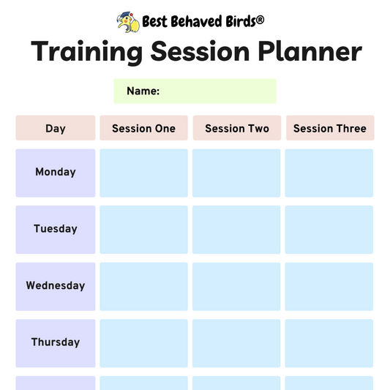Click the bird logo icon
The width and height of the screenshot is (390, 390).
click(x=129, y=22)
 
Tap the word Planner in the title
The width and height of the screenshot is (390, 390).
click(x=310, y=52)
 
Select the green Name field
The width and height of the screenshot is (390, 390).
click(x=195, y=91)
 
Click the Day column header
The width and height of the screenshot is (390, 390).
click(x=56, y=128)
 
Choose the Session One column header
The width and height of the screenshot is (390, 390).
click(x=143, y=128)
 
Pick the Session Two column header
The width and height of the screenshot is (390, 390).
click(x=237, y=128)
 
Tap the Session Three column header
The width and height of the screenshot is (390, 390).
click(x=329, y=128)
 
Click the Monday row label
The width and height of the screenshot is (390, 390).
click(x=56, y=173)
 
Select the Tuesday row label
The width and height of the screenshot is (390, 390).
click(x=56, y=229)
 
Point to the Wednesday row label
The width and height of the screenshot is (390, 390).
click(x=56, y=286)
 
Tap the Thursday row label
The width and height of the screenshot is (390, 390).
click(x=56, y=342)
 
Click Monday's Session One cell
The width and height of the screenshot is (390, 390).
click(x=143, y=173)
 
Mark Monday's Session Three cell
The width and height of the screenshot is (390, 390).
click(x=329, y=173)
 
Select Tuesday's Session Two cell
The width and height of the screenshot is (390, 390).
click(x=236, y=229)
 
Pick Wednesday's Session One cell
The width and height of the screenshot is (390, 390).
click(x=143, y=286)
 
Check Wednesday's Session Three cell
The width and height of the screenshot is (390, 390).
click(x=329, y=286)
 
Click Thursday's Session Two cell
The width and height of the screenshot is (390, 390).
click(x=236, y=342)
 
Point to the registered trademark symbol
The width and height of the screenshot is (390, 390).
click(x=260, y=21)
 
